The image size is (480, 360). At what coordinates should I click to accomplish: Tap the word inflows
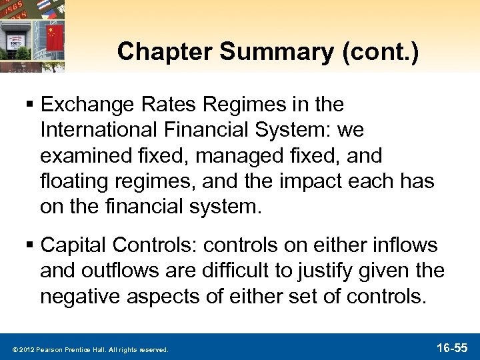click(x=409, y=246)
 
